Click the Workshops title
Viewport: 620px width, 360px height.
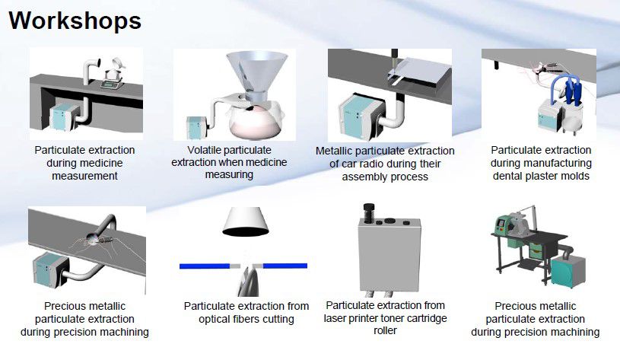75,21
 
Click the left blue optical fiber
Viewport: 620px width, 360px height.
205,266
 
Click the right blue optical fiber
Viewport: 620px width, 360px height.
285,266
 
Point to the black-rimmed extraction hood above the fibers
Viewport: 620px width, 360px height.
246,222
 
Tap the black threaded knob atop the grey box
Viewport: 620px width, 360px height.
368,213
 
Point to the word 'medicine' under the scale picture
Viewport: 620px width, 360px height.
101,163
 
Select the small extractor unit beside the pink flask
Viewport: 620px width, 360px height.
196,128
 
